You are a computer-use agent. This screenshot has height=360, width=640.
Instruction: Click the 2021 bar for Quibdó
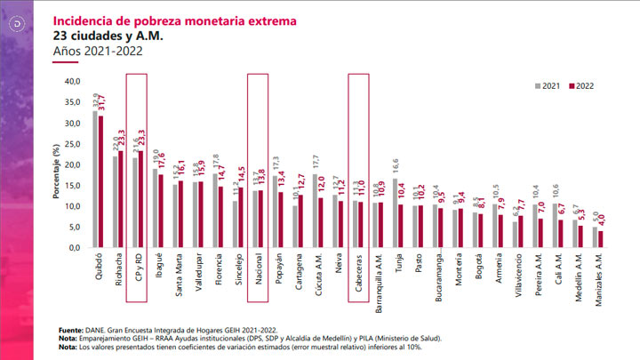click(95, 179)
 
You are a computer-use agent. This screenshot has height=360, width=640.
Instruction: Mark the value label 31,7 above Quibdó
click(103, 102)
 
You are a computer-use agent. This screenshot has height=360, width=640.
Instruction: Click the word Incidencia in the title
click(83, 19)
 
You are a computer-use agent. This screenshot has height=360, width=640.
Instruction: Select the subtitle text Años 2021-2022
click(99, 52)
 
